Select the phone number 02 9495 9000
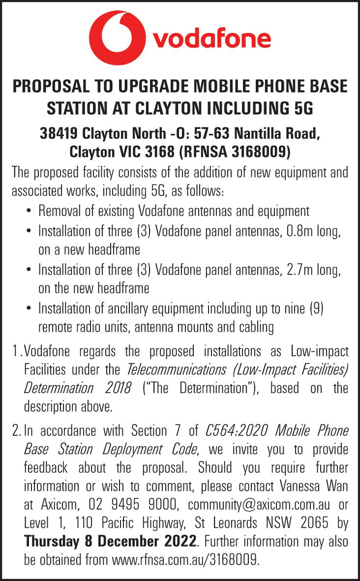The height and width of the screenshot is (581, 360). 133,504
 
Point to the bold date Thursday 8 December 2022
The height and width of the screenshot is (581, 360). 110,542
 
